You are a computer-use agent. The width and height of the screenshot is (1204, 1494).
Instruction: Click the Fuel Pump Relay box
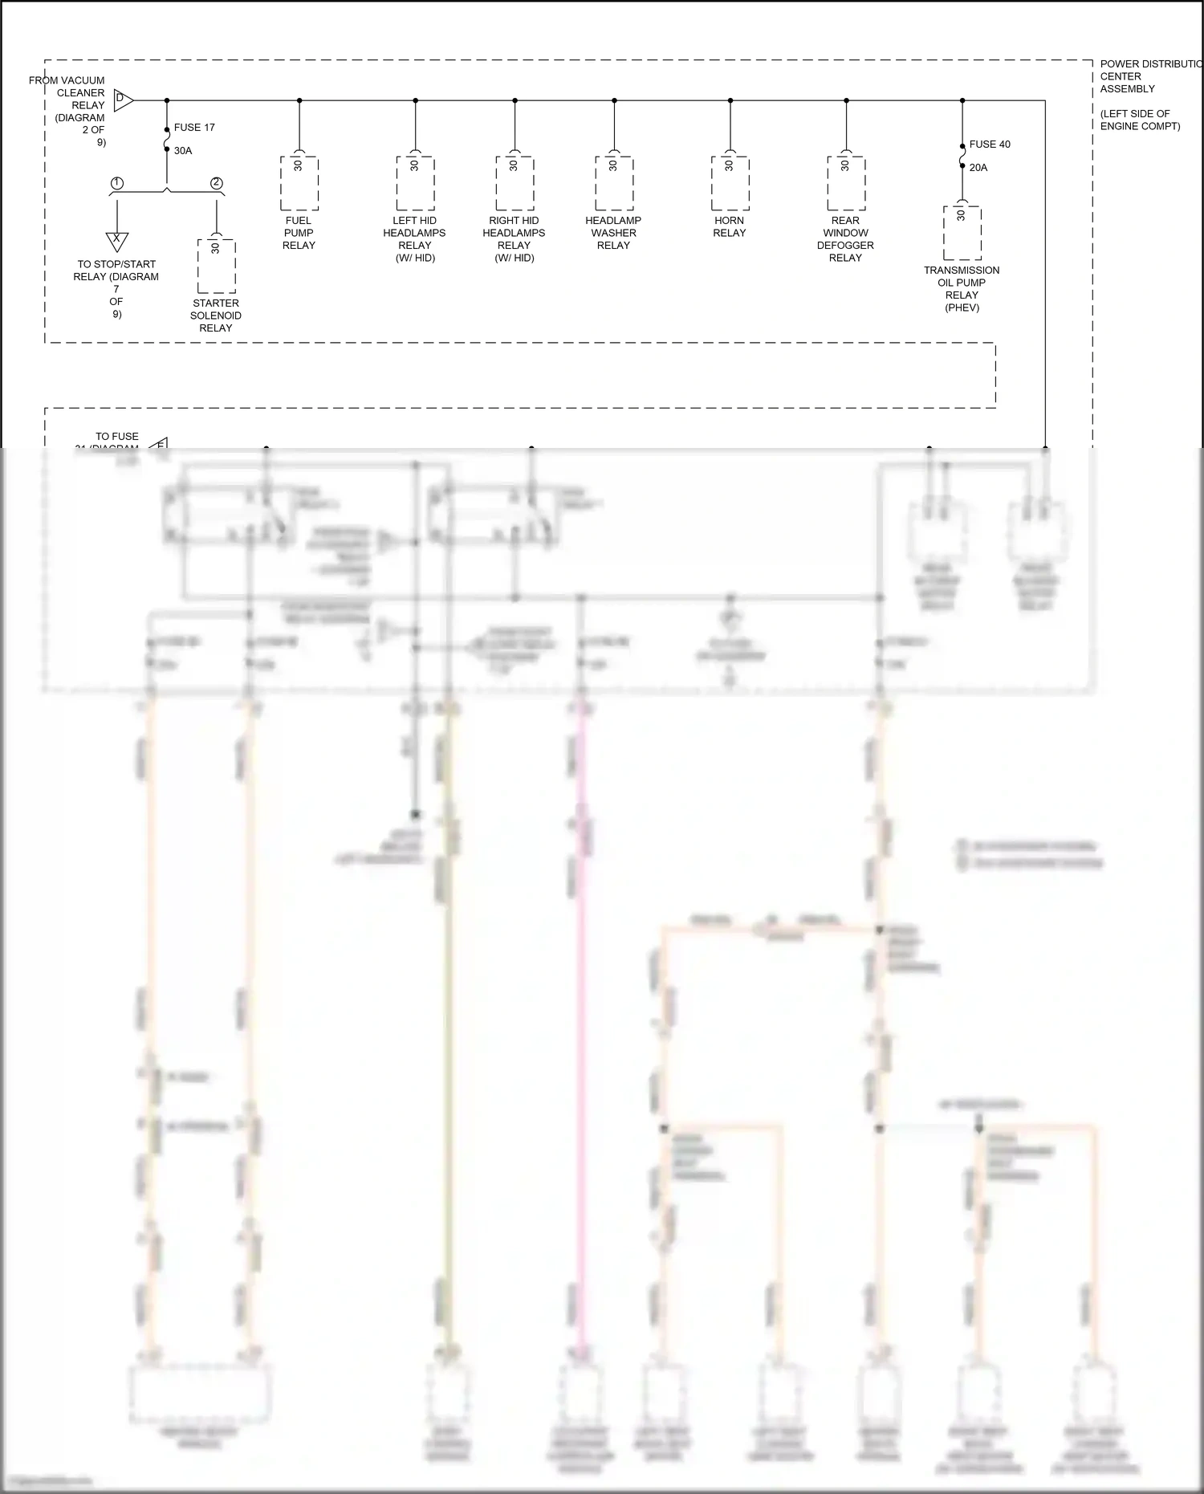tap(299, 184)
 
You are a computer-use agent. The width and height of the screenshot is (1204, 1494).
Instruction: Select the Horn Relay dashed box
tap(730, 184)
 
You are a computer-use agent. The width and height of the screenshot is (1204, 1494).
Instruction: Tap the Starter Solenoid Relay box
tap(217, 267)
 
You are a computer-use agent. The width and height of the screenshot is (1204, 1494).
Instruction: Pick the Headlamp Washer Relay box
tap(614, 184)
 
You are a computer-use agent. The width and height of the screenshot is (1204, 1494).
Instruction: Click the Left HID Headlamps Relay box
tap(415, 184)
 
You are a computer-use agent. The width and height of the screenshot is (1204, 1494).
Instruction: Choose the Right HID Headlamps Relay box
tap(515, 184)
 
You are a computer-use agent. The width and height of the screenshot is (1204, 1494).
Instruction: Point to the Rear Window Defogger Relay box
tap(846, 184)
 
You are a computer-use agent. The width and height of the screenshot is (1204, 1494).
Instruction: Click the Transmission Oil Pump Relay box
tap(962, 234)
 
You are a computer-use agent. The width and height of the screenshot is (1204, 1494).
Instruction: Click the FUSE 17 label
tap(194, 128)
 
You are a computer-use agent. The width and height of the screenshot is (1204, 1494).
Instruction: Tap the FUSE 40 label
tap(990, 145)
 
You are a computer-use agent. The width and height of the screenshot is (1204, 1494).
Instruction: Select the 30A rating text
tap(183, 151)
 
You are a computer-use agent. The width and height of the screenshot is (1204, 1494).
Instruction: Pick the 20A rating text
tap(978, 168)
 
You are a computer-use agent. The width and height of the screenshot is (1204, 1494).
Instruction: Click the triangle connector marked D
tap(122, 100)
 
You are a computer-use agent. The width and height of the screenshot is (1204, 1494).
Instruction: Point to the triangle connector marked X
tap(117, 240)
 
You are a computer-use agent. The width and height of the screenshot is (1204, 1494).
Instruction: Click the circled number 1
tap(117, 184)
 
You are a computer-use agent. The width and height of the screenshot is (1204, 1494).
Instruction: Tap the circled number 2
tap(217, 184)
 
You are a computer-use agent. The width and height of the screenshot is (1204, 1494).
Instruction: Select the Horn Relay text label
tap(730, 226)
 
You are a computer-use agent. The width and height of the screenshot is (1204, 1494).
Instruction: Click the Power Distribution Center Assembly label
tap(1148, 76)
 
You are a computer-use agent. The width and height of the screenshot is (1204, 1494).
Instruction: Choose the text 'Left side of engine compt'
tap(1140, 120)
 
